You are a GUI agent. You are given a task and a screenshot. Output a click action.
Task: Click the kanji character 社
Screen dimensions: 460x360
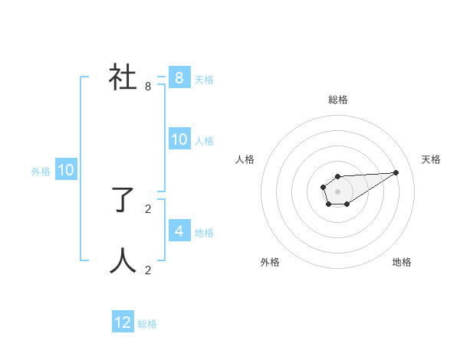point(123,78)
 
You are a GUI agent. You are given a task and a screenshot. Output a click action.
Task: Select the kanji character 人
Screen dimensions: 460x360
point(123,261)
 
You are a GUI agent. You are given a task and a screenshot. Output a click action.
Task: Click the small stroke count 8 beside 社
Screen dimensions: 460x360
point(148,87)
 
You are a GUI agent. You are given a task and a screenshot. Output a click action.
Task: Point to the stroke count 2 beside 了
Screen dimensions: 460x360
point(148,208)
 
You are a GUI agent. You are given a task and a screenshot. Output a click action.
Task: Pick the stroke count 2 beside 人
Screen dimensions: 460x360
point(148,270)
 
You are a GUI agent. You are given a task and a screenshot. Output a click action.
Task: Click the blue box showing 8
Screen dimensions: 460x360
point(179,78)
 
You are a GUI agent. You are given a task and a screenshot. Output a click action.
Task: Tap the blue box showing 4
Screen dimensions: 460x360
point(179,231)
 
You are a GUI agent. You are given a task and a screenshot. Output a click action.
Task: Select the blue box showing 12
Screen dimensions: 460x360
point(123,322)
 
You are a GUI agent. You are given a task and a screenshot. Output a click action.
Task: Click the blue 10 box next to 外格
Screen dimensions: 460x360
point(65,170)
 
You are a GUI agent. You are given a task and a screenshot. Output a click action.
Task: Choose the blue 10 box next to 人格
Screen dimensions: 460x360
point(179,139)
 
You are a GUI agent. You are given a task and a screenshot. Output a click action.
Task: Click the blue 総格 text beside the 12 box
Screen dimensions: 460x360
point(147,324)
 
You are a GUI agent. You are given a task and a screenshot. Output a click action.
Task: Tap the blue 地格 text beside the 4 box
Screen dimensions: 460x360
point(204,233)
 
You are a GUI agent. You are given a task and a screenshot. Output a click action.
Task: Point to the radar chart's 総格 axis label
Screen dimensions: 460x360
point(338,100)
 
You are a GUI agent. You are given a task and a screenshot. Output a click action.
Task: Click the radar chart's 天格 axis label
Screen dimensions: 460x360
point(432,159)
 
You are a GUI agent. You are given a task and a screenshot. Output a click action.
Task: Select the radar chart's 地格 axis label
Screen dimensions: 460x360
point(402,262)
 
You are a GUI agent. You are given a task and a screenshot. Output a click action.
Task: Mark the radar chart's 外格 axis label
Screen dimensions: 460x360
point(270,262)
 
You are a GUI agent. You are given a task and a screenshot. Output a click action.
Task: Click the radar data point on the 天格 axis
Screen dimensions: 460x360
point(396,172)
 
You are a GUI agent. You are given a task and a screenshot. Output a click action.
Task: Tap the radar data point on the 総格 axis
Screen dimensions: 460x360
point(337,177)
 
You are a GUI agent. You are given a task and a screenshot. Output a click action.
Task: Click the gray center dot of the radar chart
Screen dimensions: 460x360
point(337,191)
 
